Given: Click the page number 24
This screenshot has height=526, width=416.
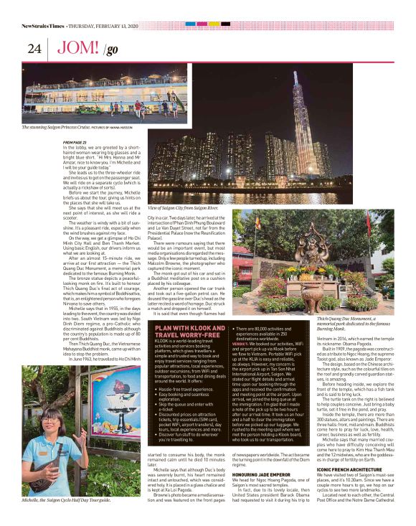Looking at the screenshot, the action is [34, 49].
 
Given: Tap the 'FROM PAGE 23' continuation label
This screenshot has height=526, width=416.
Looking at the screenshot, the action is [75, 141].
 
